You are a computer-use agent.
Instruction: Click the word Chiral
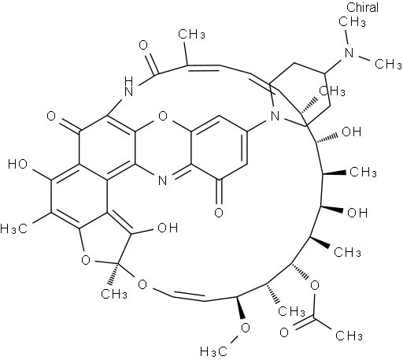[362, 7]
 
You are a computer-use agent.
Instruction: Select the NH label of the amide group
[128, 87]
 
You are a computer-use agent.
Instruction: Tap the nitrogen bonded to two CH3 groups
[349, 53]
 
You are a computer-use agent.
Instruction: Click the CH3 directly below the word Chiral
[352, 21]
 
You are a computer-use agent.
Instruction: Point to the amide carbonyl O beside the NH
[143, 45]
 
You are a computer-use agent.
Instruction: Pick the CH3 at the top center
[191, 34]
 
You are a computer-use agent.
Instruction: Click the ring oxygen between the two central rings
[163, 116]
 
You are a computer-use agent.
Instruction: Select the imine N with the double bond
[163, 180]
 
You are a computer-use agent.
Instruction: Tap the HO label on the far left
[17, 165]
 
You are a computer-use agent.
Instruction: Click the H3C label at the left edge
[14, 228]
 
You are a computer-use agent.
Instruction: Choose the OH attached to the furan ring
[168, 228]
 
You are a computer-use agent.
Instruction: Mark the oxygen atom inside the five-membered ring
[86, 260]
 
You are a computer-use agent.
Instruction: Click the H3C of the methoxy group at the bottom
[213, 351]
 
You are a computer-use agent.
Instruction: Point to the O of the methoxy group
[246, 328]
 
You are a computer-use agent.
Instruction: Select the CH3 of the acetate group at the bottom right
[349, 336]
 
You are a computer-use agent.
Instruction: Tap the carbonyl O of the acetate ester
[284, 332]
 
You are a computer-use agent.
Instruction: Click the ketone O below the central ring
[219, 212]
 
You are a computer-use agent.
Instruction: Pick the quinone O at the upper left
[51, 116]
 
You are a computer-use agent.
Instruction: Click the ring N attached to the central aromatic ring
[275, 116]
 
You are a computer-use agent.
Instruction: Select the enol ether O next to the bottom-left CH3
[142, 284]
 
